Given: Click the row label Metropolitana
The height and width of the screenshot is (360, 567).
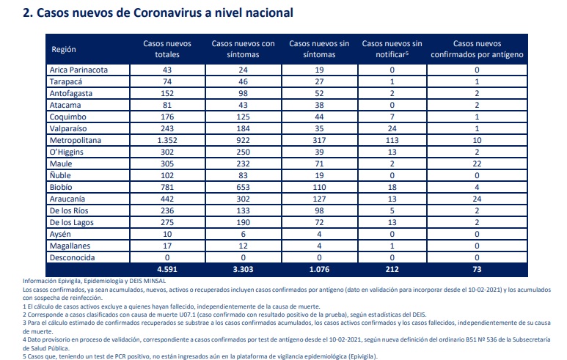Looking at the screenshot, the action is [76, 140].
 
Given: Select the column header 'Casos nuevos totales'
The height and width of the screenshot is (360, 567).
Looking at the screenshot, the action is [167, 49].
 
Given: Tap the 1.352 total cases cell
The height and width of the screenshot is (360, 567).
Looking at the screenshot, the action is [167, 140].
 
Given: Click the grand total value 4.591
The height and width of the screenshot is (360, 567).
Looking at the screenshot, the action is [167, 269].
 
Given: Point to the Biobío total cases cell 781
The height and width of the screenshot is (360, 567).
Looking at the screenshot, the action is [167, 187].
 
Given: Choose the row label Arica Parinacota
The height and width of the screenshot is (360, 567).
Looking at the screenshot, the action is [78, 70].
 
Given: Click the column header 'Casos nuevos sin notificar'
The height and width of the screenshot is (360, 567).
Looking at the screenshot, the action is [392, 49].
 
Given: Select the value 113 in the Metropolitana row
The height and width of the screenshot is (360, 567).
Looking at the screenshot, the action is [392, 140].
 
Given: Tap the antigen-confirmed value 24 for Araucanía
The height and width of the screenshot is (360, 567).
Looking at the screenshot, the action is [477, 199].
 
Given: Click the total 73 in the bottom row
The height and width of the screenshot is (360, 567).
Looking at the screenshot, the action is [477, 269].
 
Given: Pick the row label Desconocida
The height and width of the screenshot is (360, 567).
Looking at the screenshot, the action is [73, 257].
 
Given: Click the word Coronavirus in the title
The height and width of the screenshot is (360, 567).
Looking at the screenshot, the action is [167, 13].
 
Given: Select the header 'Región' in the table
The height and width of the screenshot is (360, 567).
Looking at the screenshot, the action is [64, 50].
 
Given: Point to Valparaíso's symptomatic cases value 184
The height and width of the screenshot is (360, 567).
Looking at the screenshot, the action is [243, 128].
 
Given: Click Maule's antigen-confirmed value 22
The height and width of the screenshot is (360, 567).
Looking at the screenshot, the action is [477, 164].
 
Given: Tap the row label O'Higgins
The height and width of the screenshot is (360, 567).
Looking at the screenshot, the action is [67, 153].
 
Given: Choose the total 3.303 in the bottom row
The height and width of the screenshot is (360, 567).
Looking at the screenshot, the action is [243, 269].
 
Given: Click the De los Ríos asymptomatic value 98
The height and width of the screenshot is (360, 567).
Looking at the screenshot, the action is [319, 210].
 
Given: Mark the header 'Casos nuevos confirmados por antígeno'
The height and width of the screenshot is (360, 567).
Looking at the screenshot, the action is [477, 49].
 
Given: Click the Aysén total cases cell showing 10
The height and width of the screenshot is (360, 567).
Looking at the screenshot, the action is [167, 234].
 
